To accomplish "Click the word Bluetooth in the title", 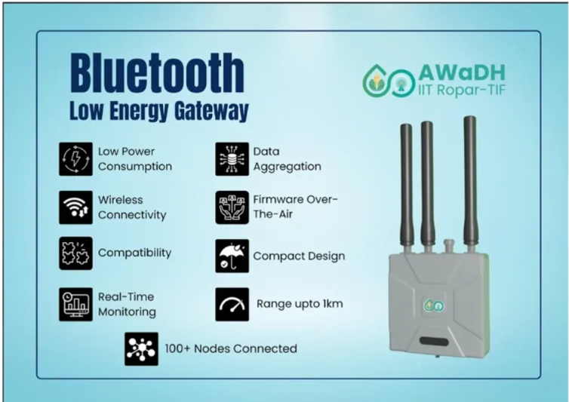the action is (x=157, y=73).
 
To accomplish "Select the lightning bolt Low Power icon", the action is (x=75, y=159).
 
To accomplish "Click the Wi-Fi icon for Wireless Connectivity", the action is (x=75, y=207).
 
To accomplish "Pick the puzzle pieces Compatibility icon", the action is (x=75, y=253).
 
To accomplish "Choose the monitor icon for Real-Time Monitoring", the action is (x=75, y=304).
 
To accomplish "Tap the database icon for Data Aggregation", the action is (x=232, y=159).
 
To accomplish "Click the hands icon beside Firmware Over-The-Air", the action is (x=232, y=207).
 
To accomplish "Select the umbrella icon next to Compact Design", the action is (x=232, y=256).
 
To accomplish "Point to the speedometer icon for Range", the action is (x=232, y=304).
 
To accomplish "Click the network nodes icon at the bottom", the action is (x=141, y=348).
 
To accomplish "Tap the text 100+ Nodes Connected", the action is (x=231, y=348).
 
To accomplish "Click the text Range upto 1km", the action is (x=300, y=304).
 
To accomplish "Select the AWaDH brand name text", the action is (x=462, y=73).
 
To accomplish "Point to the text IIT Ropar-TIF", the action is (x=462, y=90).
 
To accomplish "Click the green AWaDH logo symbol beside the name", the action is (x=389, y=81).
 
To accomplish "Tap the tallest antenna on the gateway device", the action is (x=469, y=182).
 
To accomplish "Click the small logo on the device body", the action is (x=434, y=305).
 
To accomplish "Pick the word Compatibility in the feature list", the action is (x=134, y=253).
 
